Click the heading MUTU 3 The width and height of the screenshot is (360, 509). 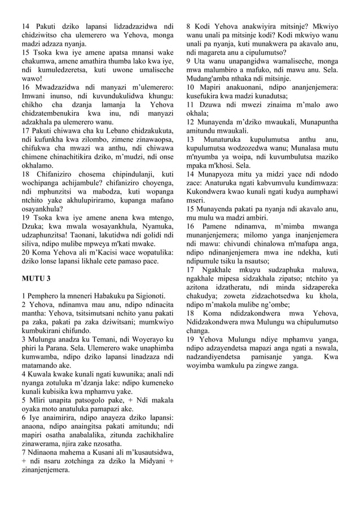point(36,279)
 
